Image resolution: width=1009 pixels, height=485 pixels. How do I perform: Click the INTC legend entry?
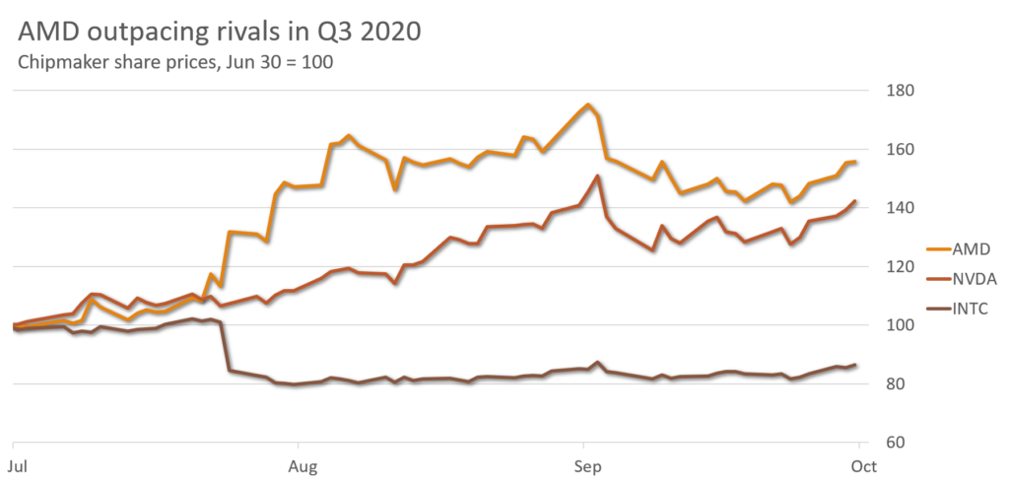pyautogui.click(x=972, y=310)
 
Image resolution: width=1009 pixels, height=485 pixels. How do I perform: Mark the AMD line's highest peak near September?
pyautogui.click(x=587, y=104)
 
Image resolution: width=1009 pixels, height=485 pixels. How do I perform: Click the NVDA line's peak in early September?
pyautogui.click(x=597, y=175)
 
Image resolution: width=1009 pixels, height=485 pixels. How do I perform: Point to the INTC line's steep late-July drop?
pyautogui.click(x=226, y=345)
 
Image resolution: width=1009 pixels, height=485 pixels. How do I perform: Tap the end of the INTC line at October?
pyautogui.click(x=855, y=365)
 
